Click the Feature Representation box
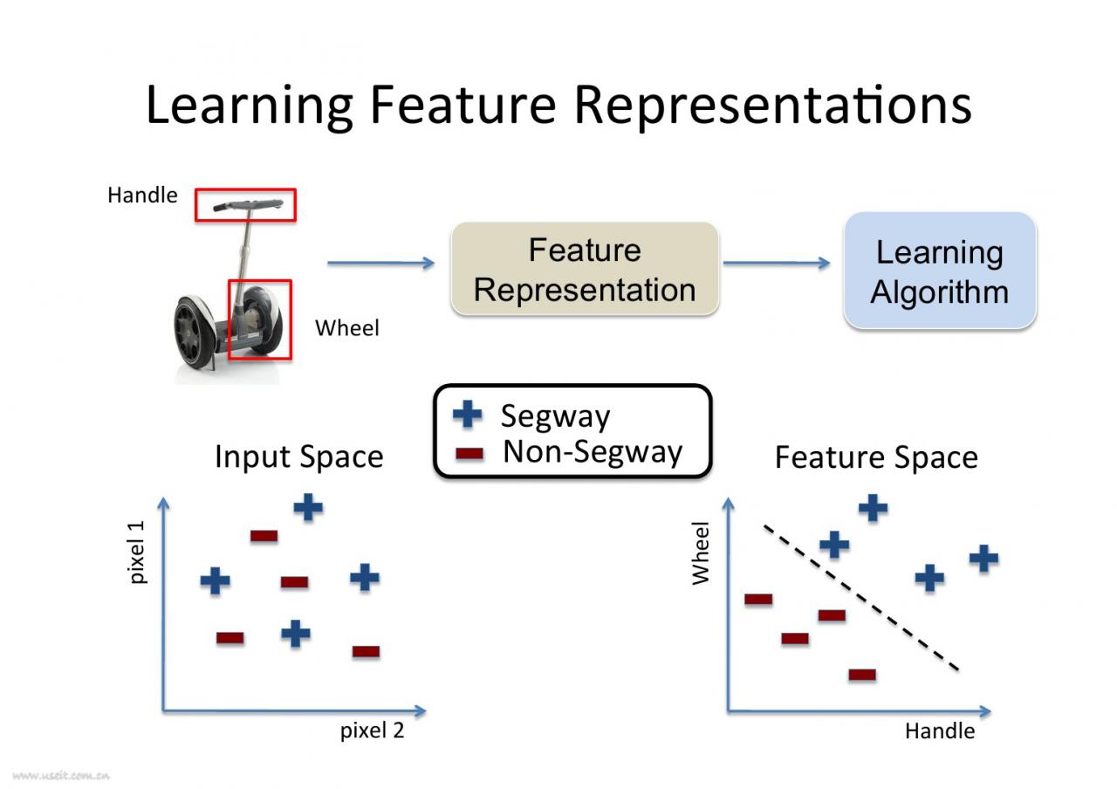coord(585,269)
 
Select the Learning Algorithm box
coord(940,271)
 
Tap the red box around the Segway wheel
coord(229,319)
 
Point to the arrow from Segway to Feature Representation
coord(381,263)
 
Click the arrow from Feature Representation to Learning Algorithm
coord(777,263)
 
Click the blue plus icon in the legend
coord(467,414)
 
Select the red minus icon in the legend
coord(469,453)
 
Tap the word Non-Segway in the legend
coord(593,452)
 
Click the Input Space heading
coord(299,456)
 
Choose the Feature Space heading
coord(876,457)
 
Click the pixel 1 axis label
coord(136,552)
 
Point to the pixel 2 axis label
coord(372,731)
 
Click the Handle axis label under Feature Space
coord(940,731)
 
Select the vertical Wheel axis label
coord(700,553)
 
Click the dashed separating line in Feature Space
coord(861,598)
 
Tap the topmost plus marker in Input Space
coord(308,508)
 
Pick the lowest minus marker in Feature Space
coord(862,675)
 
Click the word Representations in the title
coord(773,106)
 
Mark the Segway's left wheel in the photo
coord(195,332)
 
